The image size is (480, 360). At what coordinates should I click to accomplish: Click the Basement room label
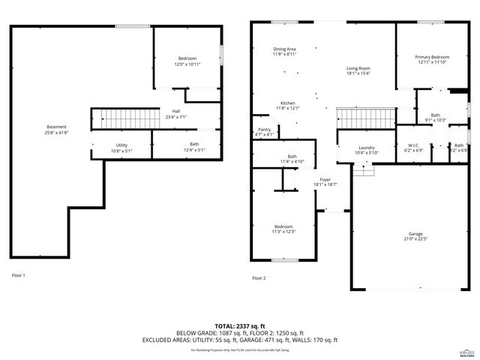pos(56,127)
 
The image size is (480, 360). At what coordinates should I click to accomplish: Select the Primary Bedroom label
pos(433,57)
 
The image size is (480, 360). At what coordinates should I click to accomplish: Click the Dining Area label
pos(284,49)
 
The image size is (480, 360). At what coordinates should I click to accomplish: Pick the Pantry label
pos(264,130)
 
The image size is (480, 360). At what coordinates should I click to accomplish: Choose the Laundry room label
pos(366,148)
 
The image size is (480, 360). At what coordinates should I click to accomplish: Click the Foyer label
pos(325,180)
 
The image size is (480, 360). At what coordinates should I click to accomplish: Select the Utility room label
pos(121,145)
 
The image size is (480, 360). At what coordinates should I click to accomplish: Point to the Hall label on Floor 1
pos(176,112)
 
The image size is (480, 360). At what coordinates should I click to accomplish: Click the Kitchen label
pos(287,103)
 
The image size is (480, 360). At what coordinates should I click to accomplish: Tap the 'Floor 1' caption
pos(18,275)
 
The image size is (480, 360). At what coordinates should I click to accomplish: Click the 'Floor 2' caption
pos(259,278)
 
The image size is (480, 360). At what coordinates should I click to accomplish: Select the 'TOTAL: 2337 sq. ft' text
pos(240,325)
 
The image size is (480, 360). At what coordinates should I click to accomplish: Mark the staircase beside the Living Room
pos(364,118)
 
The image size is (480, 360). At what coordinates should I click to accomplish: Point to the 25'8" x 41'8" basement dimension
pos(56,133)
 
